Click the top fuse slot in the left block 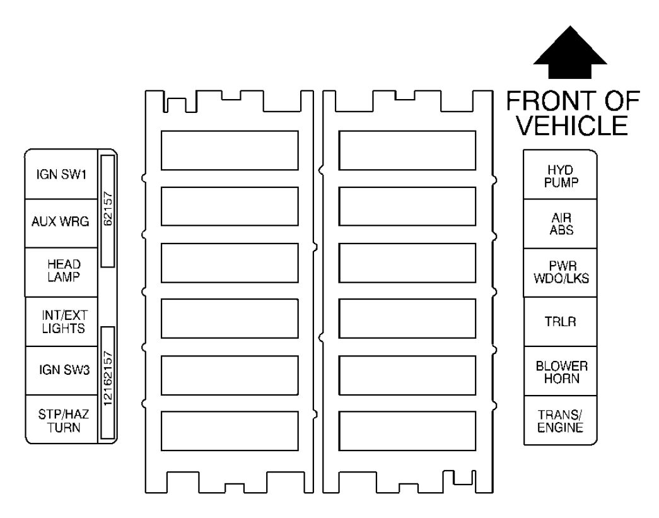(x=230, y=150)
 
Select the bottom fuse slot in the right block (x=407, y=431)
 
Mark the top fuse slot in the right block (x=407, y=150)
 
